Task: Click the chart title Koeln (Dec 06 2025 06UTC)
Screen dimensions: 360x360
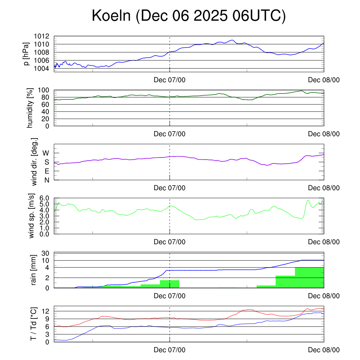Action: pos(188,16)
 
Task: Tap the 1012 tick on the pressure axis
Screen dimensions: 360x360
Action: pos(41,36)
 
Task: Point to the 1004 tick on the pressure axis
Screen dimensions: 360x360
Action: pos(41,68)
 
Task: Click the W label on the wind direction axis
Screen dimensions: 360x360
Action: pos(46,153)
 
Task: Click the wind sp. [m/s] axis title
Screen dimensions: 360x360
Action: pos(32,216)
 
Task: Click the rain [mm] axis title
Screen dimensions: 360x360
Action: pos(34,270)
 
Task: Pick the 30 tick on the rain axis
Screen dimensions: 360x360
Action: pos(47,253)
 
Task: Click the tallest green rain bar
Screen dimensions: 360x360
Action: pos(309,278)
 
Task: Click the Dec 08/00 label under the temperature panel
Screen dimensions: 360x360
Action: pos(324,350)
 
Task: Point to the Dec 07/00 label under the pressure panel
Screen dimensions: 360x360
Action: pos(169,80)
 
